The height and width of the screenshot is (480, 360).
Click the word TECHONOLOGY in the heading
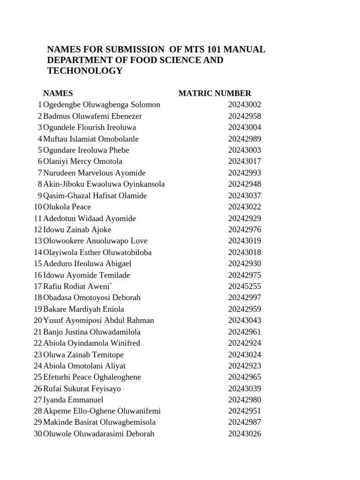85,71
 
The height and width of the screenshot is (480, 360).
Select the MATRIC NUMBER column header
215,93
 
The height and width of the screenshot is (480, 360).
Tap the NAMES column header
58,93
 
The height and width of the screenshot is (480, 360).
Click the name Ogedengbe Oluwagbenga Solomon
101,105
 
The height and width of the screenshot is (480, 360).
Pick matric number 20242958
245,116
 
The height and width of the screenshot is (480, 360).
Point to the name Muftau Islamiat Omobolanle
91,139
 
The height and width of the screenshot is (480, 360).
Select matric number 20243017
245,162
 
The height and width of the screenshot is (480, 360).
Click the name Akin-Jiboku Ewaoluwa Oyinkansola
104,184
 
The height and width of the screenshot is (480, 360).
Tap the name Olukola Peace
67,207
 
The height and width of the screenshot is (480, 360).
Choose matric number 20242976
245,230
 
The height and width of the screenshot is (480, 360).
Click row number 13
38,241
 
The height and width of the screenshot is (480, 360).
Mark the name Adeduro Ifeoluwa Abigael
87,263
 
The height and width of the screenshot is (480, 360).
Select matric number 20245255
245,286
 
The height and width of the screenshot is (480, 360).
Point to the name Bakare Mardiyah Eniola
83,309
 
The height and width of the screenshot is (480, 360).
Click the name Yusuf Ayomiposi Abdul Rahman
98,320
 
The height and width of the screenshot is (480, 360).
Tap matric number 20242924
245,343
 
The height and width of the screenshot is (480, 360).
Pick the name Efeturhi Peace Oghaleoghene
92,377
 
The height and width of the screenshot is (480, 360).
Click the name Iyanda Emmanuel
73,400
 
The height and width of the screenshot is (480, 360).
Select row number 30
38,434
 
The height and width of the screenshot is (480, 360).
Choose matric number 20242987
245,422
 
